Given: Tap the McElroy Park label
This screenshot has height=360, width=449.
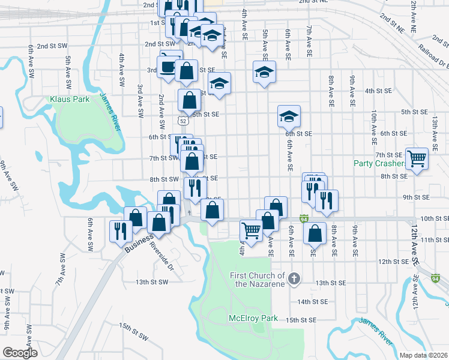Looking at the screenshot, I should click(x=253, y=318).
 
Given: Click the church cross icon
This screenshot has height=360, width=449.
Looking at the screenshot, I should click(x=294, y=278).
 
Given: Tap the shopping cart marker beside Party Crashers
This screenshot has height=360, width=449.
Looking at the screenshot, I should click(x=417, y=159).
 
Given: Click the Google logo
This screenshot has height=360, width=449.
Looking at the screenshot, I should click(x=20, y=353).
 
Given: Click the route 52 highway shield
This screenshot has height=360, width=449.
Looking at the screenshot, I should click(x=181, y=121).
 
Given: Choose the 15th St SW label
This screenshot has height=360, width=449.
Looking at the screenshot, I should click(x=133, y=331).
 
